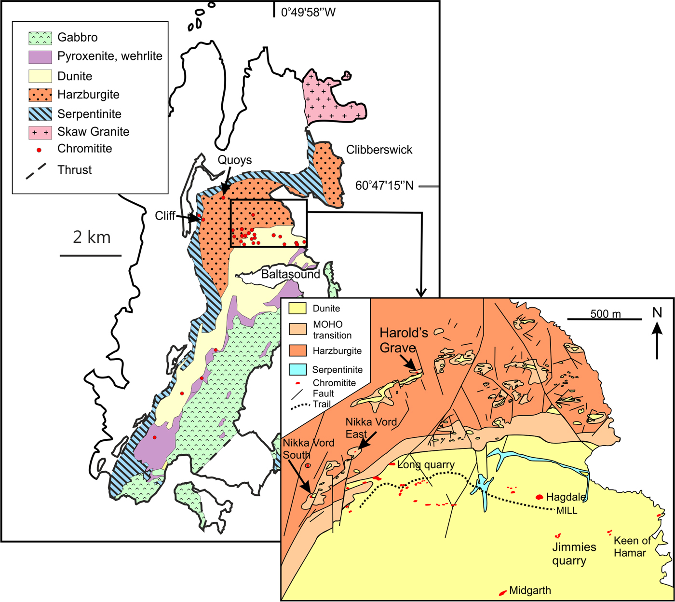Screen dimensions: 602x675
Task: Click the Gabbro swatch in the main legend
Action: pyautogui.click(x=40, y=38)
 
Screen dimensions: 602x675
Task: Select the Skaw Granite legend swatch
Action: pyautogui.click(x=40, y=132)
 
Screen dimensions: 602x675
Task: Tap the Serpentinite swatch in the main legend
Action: pyautogui.click(x=40, y=114)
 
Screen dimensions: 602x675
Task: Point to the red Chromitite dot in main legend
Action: pyautogui.click(x=39, y=150)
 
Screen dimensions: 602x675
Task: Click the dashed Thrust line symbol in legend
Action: pyautogui.click(x=36, y=171)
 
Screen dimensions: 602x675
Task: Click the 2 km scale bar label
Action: pyautogui.click(x=92, y=238)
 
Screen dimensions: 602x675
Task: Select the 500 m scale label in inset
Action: pyautogui.click(x=606, y=314)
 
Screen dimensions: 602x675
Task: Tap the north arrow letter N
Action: pyautogui.click(x=657, y=313)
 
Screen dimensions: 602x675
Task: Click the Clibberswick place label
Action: pyautogui.click(x=379, y=150)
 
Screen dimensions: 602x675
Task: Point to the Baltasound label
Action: pyautogui.click(x=290, y=274)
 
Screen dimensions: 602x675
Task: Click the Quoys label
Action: pyautogui.click(x=234, y=160)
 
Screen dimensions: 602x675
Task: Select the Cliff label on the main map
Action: pyautogui.click(x=165, y=216)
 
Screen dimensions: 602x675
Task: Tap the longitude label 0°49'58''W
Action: pyautogui.click(x=308, y=13)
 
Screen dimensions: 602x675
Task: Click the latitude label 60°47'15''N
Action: pyautogui.click(x=384, y=186)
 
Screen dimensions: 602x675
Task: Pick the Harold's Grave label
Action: pyautogui.click(x=397, y=340)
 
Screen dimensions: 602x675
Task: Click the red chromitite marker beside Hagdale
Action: pyautogui.click(x=540, y=497)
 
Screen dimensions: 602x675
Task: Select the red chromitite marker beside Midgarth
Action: pyautogui.click(x=502, y=592)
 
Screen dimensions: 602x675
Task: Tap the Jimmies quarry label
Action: pyautogui.click(x=574, y=554)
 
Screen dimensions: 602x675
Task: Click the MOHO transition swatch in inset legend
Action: pyautogui.click(x=297, y=329)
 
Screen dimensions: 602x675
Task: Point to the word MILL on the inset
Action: pyautogui.click(x=567, y=511)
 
